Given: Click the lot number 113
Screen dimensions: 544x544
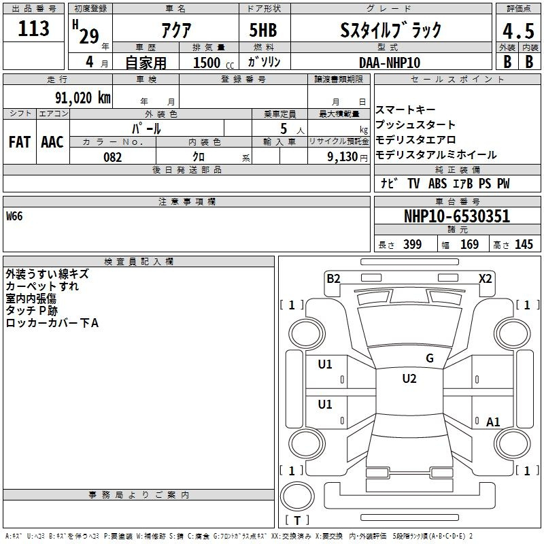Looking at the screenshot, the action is (33, 29).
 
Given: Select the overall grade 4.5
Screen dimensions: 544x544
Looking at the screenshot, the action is (518, 31).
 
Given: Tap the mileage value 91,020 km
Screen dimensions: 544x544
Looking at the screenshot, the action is (83, 98).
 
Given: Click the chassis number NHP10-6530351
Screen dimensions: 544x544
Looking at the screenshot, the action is (457, 216).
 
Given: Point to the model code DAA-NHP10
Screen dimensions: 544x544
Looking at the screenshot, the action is (390, 63).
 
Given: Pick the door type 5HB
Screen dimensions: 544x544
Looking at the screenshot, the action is (263, 30).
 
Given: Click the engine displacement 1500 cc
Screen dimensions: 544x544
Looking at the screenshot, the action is (214, 63).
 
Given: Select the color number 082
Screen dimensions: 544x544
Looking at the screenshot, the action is (113, 157).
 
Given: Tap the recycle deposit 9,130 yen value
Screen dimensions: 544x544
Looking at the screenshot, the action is (347, 157).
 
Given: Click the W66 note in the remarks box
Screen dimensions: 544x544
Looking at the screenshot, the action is (14, 216).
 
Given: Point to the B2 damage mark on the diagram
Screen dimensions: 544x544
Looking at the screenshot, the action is (333, 278).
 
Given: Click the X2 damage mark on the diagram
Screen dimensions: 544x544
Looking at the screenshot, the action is (485, 278).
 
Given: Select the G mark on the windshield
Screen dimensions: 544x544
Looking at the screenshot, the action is (430, 358).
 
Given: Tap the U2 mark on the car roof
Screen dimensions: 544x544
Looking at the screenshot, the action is (409, 379).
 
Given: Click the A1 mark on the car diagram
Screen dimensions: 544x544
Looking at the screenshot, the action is (493, 422).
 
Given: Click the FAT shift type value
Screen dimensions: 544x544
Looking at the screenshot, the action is (20, 142).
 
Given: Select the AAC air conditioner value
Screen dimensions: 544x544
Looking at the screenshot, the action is (52, 142).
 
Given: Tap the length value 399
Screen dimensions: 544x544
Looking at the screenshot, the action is (413, 244).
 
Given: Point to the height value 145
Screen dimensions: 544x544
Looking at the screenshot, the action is (524, 244).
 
